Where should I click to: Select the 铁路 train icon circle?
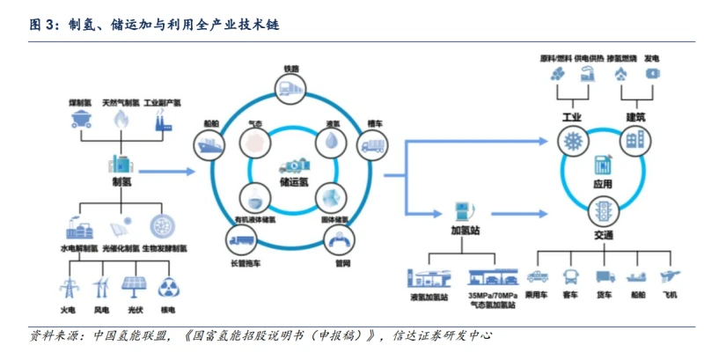point(290,86)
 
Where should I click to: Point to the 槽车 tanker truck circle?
point(372,143)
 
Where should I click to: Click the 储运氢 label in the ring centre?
point(294,183)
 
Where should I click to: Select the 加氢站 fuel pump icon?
point(459,211)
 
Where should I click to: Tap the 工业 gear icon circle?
point(573,141)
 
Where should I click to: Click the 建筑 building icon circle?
point(634,141)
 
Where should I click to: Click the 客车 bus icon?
point(568,277)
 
